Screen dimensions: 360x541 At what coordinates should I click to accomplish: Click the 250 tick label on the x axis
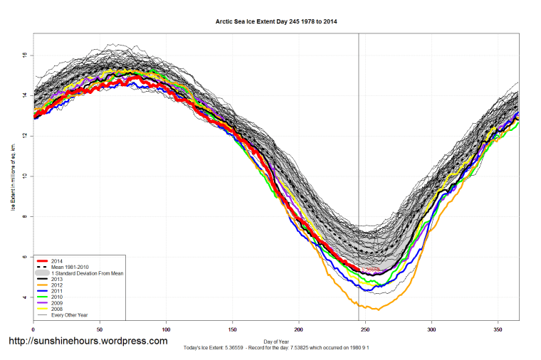point(365,329)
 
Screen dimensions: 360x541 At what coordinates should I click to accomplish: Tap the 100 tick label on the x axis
point(166,329)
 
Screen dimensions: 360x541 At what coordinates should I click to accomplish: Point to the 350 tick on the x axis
point(498,329)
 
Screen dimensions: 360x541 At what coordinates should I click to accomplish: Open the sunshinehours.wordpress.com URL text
point(88,342)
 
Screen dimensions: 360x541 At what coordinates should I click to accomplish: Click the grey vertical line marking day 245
point(358,142)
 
